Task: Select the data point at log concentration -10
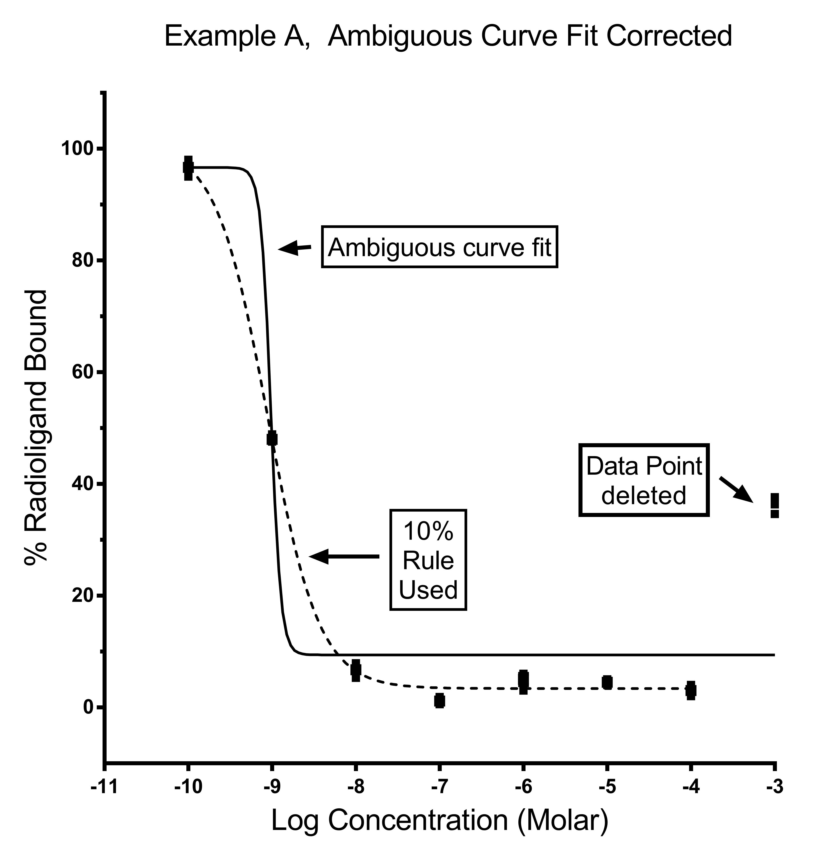(x=188, y=167)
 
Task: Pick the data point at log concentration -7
(x=439, y=700)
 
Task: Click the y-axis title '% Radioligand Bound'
(x=36, y=426)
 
